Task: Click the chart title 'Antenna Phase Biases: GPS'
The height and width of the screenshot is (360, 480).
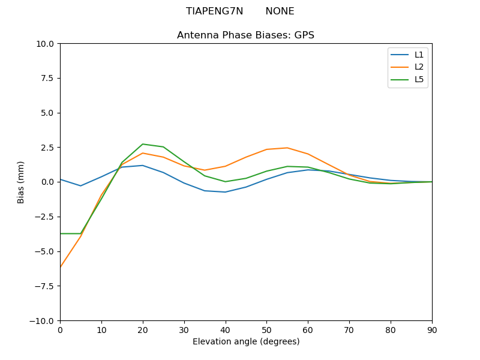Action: (x=245, y=35)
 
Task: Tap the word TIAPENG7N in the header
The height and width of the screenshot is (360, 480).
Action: (x=214, y=11)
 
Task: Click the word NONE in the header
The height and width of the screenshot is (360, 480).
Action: (x=280, y=11)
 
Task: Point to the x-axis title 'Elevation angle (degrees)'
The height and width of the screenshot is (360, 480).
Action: (x=245, y=342)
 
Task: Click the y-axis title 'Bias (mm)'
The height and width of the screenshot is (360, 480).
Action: (x=21, y=182)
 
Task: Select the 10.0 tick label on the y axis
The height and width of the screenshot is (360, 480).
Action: (x=46, y=44)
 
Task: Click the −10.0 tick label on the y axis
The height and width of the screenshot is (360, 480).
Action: (x=43, y=320)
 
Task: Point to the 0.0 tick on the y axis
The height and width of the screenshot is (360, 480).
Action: (x=47, y=182)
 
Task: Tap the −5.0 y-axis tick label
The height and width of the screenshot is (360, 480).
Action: (x=44, y=251)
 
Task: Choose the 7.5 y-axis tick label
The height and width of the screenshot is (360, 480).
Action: (x=47, y=78)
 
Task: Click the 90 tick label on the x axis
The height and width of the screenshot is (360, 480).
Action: (x=431, y=329)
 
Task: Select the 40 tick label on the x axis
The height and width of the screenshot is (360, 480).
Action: (x=225, y=329)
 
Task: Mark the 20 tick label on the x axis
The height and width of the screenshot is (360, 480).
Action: (x=142, y=329)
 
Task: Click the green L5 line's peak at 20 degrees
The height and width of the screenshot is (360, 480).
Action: (x=142, y=144)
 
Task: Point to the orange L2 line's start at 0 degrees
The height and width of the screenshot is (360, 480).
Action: (x=61, y=266)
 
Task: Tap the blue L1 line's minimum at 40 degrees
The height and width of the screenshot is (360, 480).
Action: (x=225, y=192)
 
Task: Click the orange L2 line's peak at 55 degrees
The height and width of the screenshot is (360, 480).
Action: (x=287, y=148)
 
